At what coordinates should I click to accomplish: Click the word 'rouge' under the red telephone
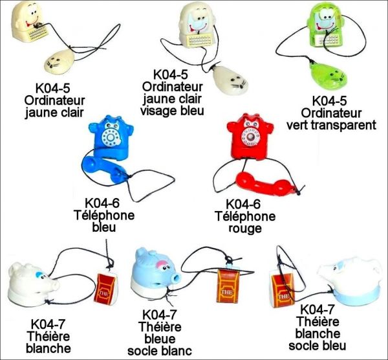(246, 229)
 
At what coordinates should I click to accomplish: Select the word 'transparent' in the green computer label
(347, 124)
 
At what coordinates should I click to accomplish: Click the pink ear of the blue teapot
(158, 257)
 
